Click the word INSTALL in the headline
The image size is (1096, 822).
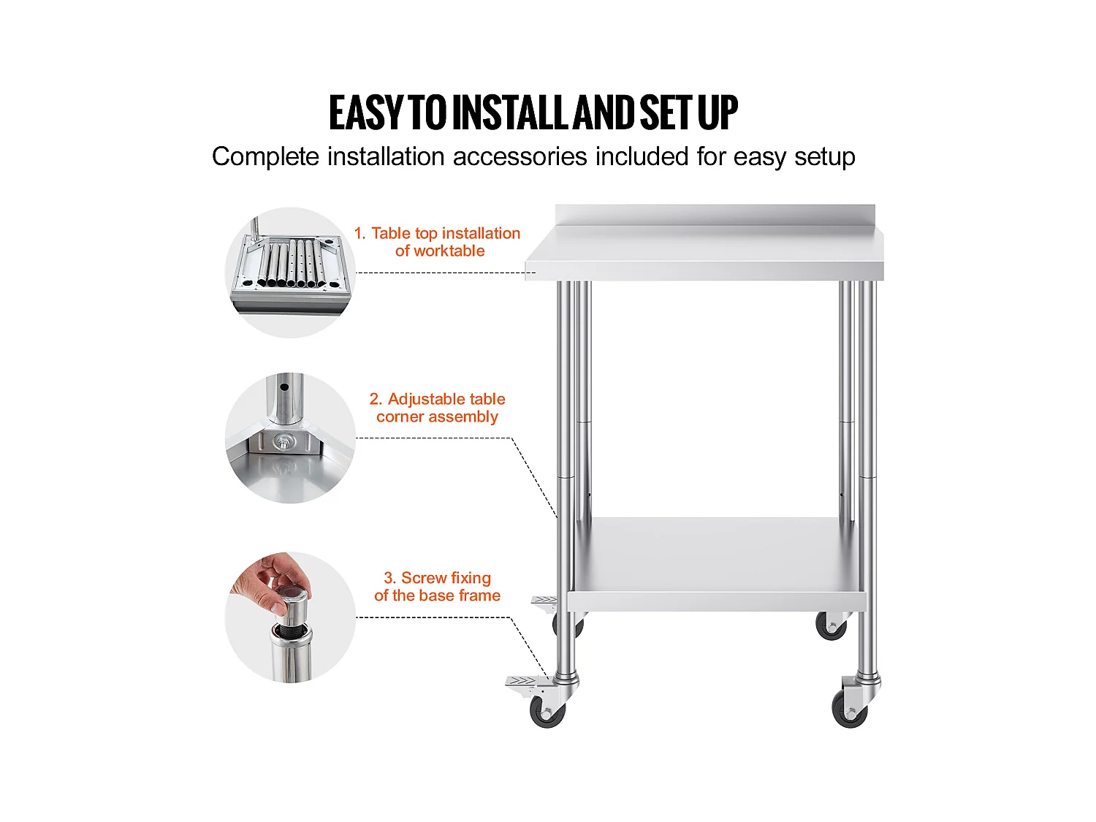tap(511, 113)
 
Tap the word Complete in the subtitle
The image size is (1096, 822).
tap(265, 156)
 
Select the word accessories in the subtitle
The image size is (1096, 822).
tap(520, 156)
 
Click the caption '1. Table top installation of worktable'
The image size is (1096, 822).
tap(438, 242)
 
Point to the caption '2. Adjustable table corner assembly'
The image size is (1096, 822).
tap(438, 408)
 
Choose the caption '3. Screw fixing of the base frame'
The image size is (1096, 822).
tap(438, 587)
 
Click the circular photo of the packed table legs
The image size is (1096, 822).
tap(290, 273)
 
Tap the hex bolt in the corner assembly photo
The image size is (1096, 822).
tap(283, 441)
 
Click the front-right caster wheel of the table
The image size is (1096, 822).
tap(849, 709)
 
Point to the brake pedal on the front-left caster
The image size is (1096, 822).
tap(523, 682)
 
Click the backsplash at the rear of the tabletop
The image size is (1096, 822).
tap(715, 215)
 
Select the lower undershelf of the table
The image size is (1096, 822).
tap(716, 564)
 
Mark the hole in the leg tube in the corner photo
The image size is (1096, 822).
tap(284, 387)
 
